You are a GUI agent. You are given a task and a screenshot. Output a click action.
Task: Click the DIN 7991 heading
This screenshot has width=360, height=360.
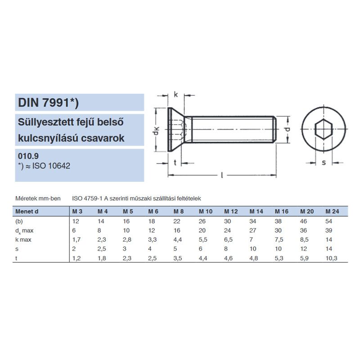point(48,103)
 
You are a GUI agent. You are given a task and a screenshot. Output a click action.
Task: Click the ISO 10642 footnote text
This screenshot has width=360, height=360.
point(45,166)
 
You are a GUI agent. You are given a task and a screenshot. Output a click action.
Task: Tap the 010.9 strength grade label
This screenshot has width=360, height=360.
point(28,156)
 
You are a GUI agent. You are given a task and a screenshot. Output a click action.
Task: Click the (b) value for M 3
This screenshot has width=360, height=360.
point(75,221)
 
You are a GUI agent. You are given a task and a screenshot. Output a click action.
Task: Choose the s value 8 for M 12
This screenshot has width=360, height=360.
point(226,249)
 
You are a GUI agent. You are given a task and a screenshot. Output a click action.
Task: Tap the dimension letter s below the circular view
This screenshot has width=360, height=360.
point(324,163)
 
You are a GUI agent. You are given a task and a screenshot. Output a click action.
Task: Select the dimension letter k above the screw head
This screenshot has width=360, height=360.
point(175,95)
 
